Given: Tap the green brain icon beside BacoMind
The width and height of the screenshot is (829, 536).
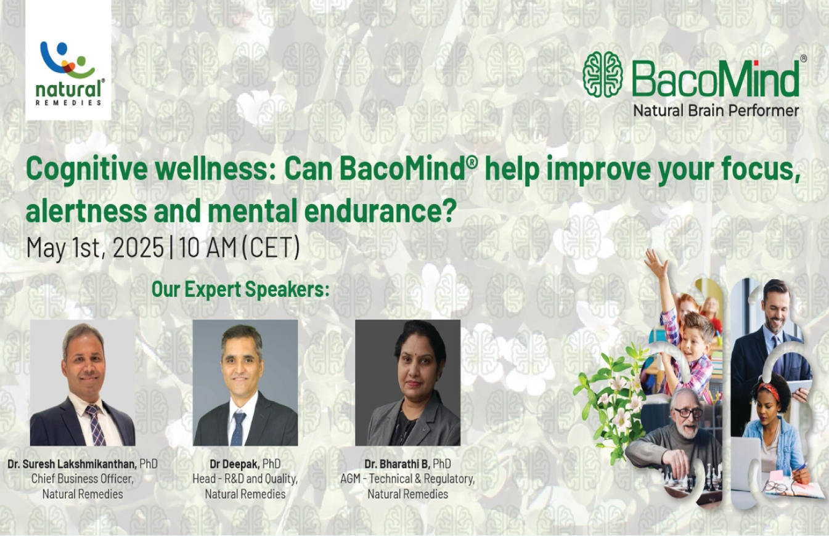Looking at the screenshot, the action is coord(603,75).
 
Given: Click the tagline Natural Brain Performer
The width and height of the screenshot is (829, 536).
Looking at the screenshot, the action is coord(716,111).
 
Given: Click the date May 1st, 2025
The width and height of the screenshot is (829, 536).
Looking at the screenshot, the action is coord(95,247).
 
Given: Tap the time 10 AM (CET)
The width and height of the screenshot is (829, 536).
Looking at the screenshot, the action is coord(239,247).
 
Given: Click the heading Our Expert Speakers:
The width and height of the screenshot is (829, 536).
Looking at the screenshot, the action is coord(240,289).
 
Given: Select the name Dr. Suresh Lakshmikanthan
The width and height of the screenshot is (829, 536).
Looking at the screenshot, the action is coord(72,464).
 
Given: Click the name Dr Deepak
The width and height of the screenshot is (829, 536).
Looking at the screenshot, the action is coord(235,464).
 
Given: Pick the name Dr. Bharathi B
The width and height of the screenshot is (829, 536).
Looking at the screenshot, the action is coord(397,464).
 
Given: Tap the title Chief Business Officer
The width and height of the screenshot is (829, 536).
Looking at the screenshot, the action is coord(82,479).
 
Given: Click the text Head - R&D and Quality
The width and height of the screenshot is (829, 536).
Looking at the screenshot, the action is coord(245,479).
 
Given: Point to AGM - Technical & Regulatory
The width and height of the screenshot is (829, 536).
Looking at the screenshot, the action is coord(407,479).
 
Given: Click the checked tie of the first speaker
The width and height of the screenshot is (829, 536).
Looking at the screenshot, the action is coord(95,424).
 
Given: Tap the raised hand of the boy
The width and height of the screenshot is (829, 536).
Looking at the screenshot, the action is coord(656,261).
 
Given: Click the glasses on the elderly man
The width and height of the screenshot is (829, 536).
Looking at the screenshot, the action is coord(687,412).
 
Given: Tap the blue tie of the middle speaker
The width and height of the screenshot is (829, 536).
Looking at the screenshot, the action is coord(237,428).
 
